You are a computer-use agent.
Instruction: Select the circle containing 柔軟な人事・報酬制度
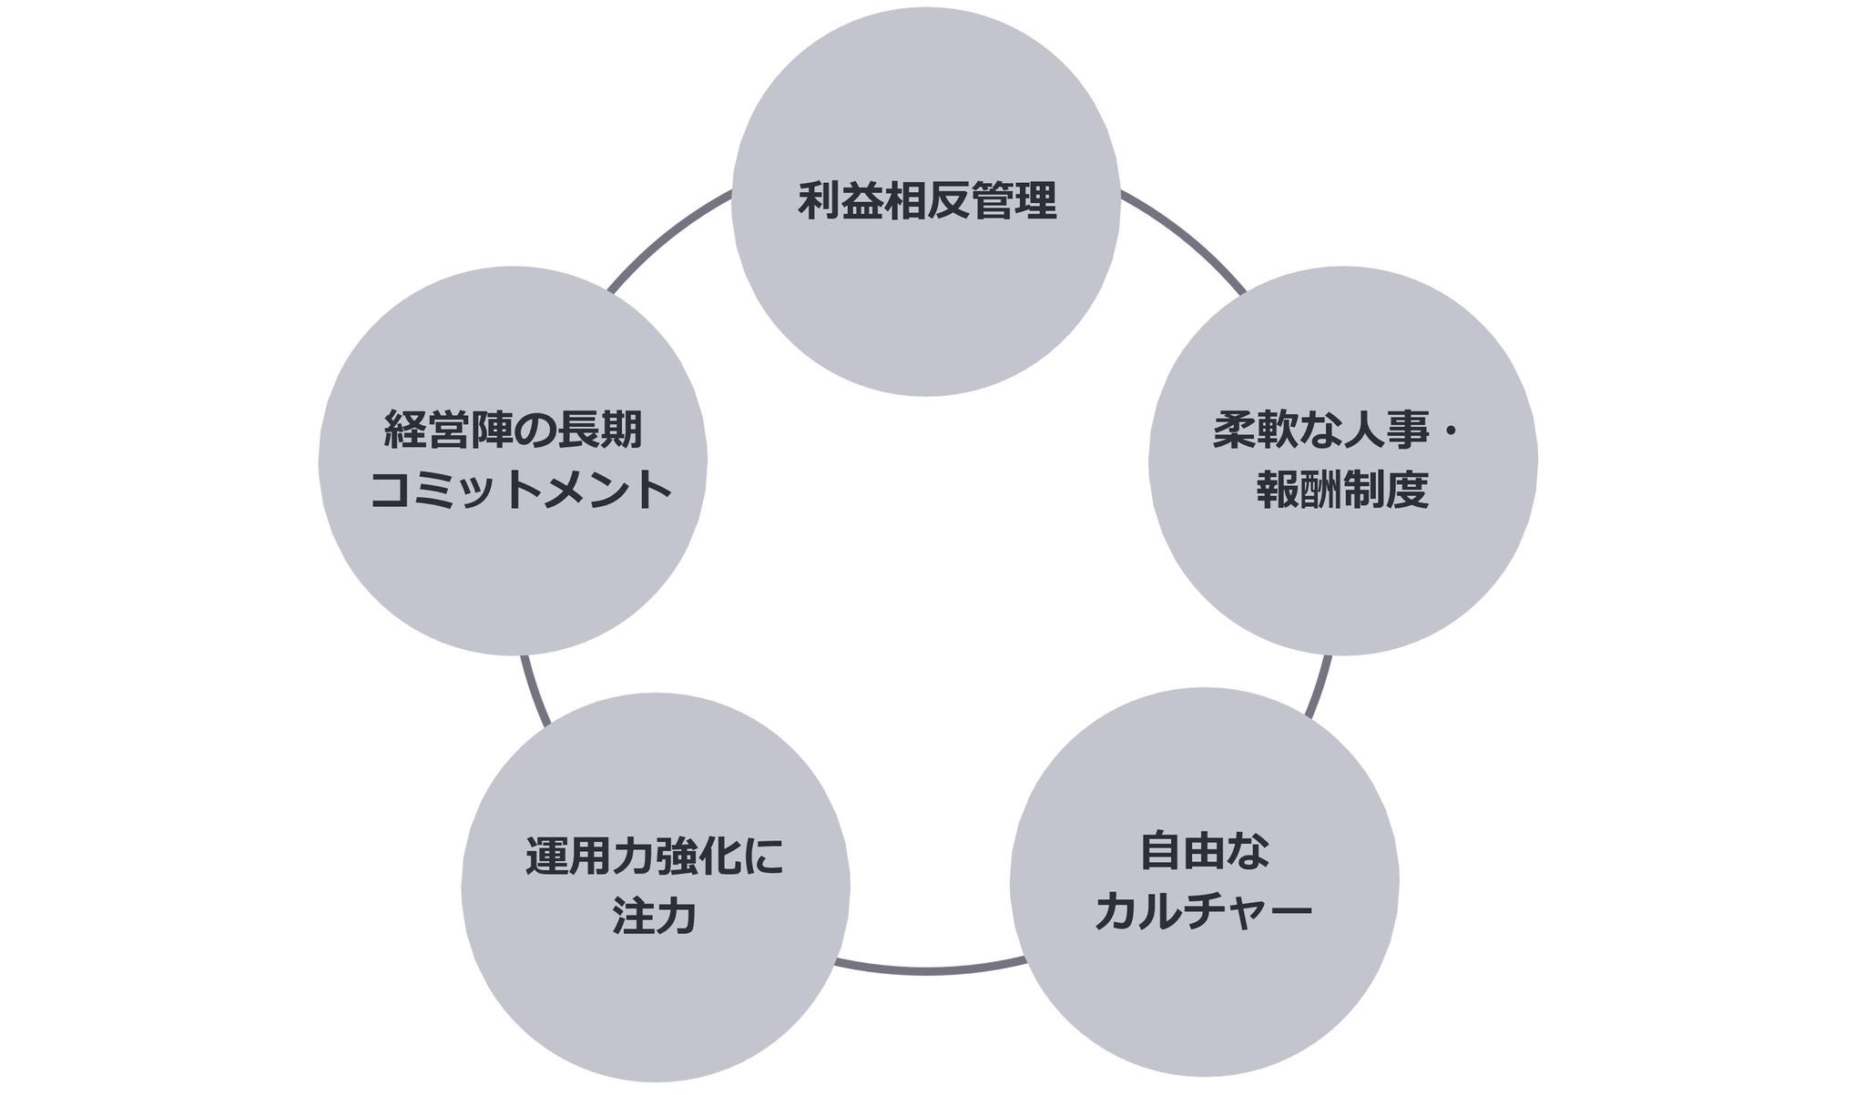click(x=1342, y=564)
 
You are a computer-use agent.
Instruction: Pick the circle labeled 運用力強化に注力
click(x=656, y=1001)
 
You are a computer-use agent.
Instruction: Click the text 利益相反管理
click(x=927, y=201)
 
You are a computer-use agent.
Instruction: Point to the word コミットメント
click(x=520, y=491)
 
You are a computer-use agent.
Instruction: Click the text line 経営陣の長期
click(x=514, y=430)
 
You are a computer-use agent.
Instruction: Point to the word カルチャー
click(x=1204, y=911)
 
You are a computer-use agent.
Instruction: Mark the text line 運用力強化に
click(x=655, y=857)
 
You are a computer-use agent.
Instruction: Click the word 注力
click(x=655, y=916)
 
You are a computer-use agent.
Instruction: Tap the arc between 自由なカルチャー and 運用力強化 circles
click(x=929, y=970)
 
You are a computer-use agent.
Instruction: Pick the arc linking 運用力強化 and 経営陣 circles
click(x=534, y=692)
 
